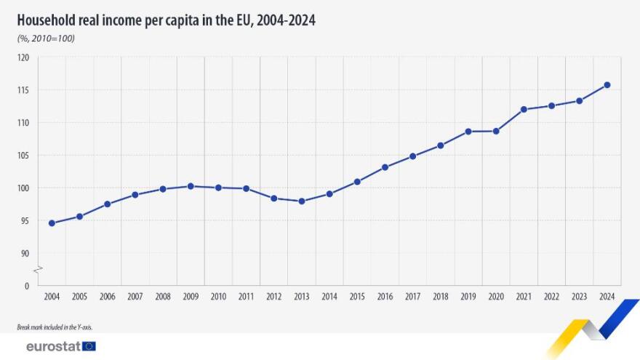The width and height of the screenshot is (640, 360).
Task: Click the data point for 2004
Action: click(x=52, y=223)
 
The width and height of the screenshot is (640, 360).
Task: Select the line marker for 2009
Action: click(x=191, y=186)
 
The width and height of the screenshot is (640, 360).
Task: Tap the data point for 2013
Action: click(x=302, y=201)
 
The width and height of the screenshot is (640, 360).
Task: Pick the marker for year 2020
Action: click(x=496, y=131)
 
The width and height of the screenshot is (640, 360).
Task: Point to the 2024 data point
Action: click(x=607, y=85)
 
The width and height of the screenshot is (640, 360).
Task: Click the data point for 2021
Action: click(x=524, y=109)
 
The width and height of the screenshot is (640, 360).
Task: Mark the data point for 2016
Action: click(x=385, y=167)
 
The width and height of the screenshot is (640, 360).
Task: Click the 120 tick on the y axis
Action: click(x=23, y=57)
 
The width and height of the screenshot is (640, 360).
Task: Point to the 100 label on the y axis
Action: click(x=23, y=188)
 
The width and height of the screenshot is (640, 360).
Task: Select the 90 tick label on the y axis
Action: click(x=25, y=253)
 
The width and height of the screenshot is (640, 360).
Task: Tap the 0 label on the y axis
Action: click(x=27, y=286)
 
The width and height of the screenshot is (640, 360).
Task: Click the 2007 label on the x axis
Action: click(x=135, y=297)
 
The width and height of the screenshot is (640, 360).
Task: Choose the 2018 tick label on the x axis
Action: click(x=440, y=297)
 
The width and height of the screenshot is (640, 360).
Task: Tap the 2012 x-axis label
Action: click(x=273, y=297)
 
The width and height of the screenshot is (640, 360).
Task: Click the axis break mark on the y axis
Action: click(x=39, y=269)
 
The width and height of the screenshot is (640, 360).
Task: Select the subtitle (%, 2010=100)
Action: click(x=46, y=39)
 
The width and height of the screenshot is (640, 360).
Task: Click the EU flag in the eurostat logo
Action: click(x=89, y=346)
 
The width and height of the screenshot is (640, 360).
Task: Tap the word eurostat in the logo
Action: click(x=52, y=346)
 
